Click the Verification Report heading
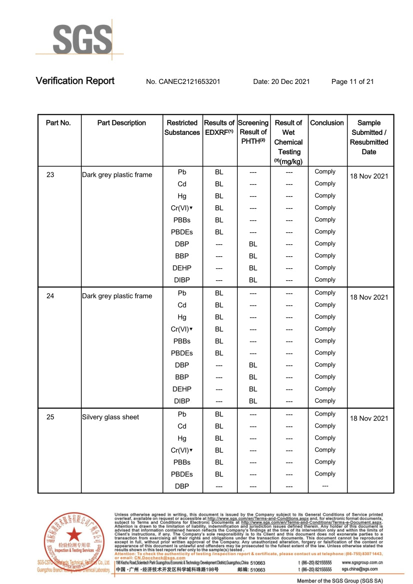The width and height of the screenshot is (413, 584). pyautogui.click(x=75, y=81)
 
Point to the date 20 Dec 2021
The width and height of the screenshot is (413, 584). pyautogui.click(x=282, y=81)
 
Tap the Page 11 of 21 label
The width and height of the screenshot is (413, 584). pyautogui.click(x=353, y=81)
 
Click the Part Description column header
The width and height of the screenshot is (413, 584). pyautogui.click(x=121, y=123)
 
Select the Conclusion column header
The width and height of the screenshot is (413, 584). pyautogui.click(x=327, y=123)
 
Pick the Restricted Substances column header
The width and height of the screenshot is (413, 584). pyautogui.click(x=182, y=127)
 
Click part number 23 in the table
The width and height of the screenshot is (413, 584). pyautogui.click(x=50, y=175)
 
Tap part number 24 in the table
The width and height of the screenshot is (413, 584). pyautogui.click(x=50, y=296)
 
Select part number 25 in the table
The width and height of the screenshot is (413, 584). pyautogui.click(x=50, y=417)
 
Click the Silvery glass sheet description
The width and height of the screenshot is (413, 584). pyautogui.click(x=110, y=417)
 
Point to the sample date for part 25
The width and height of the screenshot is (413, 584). pyautogui.click(x=369, y=419)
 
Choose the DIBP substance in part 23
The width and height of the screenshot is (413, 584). pyautogui.click(x=182, y=280)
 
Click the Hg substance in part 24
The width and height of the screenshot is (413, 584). pyautogui.click(x=182, y=317)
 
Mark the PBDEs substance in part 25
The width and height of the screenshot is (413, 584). pyautogui.click(x=182, y=474)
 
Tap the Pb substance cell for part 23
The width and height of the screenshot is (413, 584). pyautogui.click(x=182, y=172)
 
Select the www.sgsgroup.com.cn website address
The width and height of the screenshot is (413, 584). pyautogui.click(x=363, y=563)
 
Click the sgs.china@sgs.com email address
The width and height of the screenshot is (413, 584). pyautogui.click(x=360, y=569)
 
